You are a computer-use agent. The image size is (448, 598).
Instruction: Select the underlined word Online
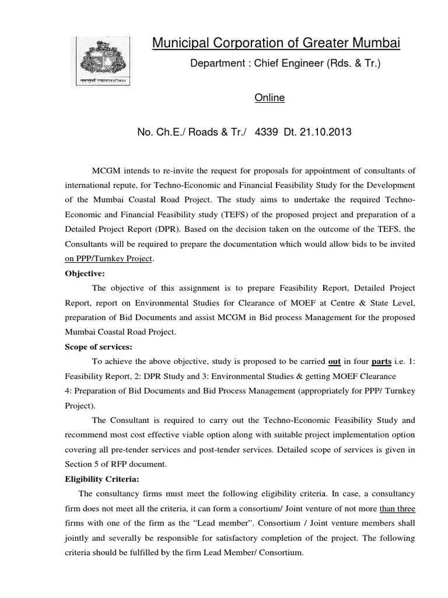[269, 98]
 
